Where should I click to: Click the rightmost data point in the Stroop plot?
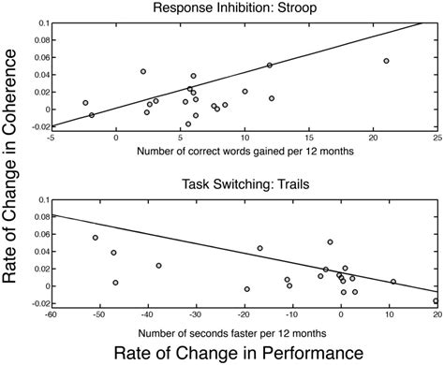(386, 61)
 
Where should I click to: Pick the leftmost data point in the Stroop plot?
(85, 103)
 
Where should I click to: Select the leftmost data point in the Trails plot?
(96, 238)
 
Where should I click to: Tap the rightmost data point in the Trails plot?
(436, 301)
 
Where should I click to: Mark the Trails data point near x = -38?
(158, 266)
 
